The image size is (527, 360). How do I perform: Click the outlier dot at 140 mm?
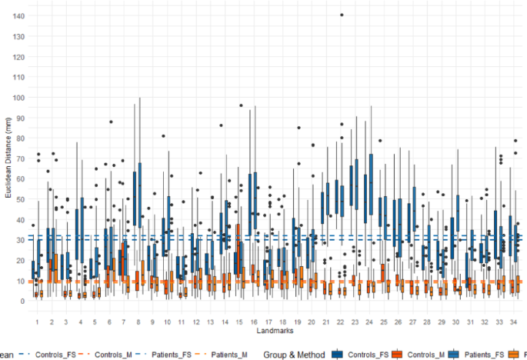click(341, 15)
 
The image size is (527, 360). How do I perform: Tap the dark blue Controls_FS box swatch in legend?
click(338, 354)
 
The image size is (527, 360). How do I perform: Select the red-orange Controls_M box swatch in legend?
click(396, 354)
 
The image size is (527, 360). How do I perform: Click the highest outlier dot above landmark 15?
click(241, 105)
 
